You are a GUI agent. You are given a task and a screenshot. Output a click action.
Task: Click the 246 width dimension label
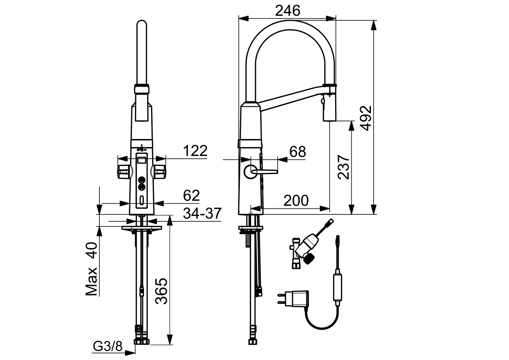click(287, 11)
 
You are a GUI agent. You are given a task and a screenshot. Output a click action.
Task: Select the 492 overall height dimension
click(366, 118)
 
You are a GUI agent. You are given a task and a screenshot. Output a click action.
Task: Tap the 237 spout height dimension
click(344, 167)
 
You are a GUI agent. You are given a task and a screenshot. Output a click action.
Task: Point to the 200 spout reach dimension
click(296, 200)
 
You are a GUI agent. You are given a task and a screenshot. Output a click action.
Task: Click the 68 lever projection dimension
click(297, 152)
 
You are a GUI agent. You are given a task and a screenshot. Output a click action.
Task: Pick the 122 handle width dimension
click(195, 151)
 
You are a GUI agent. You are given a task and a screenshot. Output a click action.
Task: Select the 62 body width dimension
click(191, 195)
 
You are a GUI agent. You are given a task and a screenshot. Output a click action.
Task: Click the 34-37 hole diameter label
click(202, 213)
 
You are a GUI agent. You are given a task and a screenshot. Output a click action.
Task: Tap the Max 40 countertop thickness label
click(91, 269)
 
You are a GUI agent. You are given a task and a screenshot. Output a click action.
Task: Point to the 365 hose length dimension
click(162, 291)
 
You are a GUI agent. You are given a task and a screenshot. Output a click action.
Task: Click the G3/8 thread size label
click(108, 347)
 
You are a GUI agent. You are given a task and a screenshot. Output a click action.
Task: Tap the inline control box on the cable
click(337, 287)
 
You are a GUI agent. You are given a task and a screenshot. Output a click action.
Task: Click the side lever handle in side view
click(265, 172)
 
